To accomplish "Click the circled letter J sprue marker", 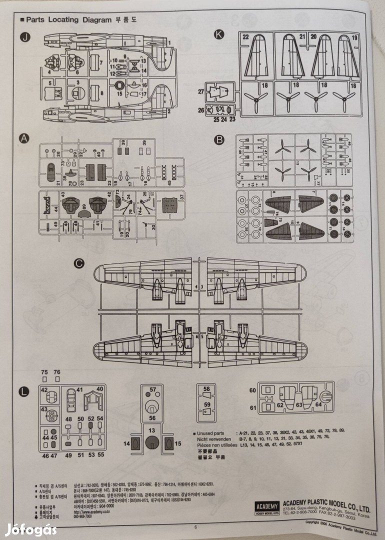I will pyautogui.click(x=23, y=37).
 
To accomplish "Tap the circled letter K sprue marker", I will pyautogui.click(x=218, y=34).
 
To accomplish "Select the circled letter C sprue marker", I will pyautogui.click(x=77, y=263).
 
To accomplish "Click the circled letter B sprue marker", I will pyautogui.click(x=218, y=140).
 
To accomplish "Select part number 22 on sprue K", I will pyautogui.click(x=245, y=36).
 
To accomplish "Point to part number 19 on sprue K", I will pyautogui.click(x=354, y=37).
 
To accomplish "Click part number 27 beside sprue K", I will pyautogui.click(x=200, y=91).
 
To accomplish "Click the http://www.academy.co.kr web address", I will pyautogui.click(x=90, y=512).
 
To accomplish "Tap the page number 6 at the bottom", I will pyautogui.click(x=195, y=526).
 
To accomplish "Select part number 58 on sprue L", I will pyautogui.click(x=206, y=388).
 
